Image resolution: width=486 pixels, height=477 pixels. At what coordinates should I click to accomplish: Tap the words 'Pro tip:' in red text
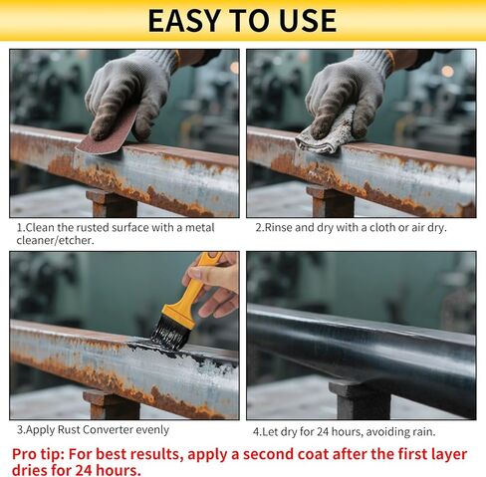click(x=43, y=453)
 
